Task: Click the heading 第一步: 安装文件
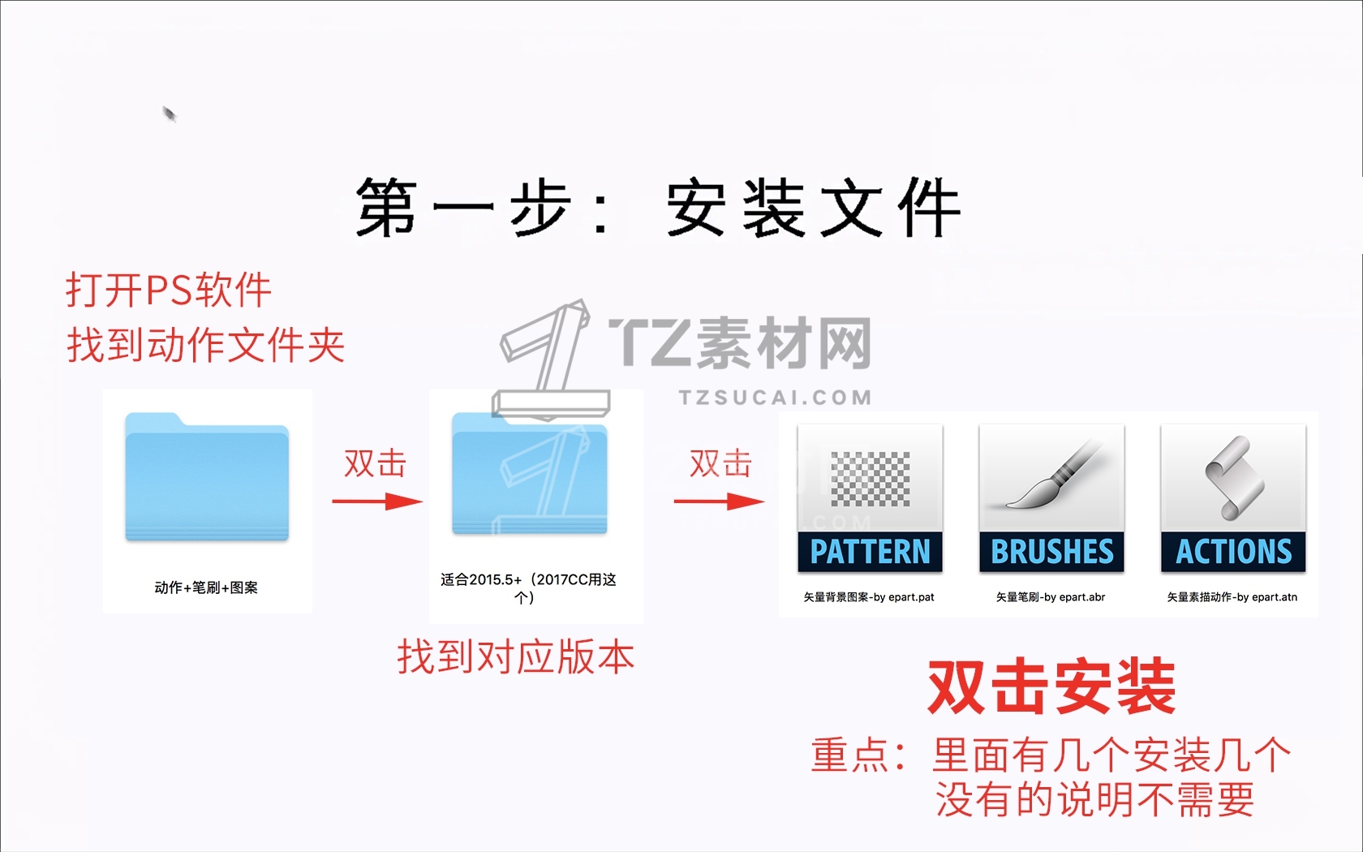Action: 658,208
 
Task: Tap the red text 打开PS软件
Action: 169,290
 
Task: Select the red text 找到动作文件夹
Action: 206,344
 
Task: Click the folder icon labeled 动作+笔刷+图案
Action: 207,477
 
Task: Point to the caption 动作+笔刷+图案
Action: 206,587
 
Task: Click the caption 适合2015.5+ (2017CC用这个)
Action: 528,587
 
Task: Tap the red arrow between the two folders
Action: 377,501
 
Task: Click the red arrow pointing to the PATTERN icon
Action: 719,501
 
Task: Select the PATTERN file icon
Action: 870,498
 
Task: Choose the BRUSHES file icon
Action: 1051,498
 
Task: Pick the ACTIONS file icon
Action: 1233,498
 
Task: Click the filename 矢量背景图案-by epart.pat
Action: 869,597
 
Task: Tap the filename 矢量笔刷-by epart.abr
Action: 1050,597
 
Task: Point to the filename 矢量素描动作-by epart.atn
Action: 1232,597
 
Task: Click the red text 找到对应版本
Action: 516,656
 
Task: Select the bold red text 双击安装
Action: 1051,687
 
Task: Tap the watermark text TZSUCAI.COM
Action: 776,398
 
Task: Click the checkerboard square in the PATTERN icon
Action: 870,479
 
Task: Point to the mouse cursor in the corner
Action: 169,114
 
